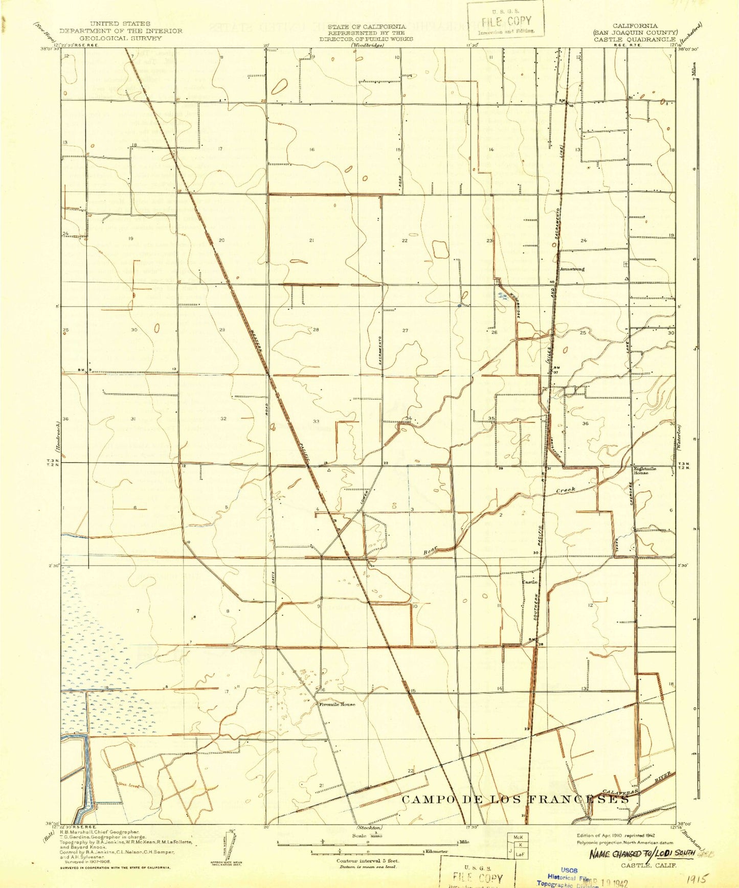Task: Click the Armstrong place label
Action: tap(572, 268)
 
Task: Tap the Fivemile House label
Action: tap(337, 704)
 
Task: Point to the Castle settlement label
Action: tap(529, 582)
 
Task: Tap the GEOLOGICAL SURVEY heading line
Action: tap(121, 38)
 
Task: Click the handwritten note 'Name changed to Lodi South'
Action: tap(642, 853)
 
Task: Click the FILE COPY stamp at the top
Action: tap(505, 21)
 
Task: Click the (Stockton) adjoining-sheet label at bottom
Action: tap(368, 827)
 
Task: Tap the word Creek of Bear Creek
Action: tap(566, 490)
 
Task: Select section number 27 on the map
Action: tap(405, 330)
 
